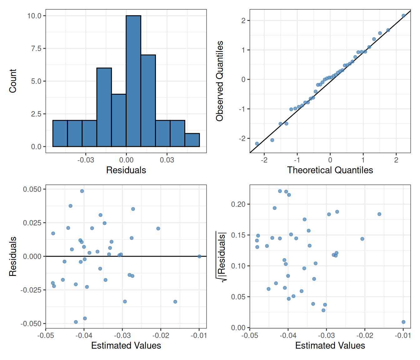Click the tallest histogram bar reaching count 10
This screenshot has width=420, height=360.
[x=133, y=81]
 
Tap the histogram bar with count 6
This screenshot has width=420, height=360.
[x=104, y=107]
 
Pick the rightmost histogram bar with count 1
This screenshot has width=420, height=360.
[x=192, y=140]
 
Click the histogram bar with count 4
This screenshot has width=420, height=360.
[x=119, y=120]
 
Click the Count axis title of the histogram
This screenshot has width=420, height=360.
[x=13, y=81]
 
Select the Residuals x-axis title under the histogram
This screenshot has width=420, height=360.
[x=126, y=170]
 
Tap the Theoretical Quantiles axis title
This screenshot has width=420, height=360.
[x=330, y=170]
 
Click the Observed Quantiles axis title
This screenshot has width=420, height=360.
[x=220, y=81]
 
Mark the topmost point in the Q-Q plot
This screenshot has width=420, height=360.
[x=403, y=16]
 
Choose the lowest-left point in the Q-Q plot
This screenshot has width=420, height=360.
[x=257, y=144]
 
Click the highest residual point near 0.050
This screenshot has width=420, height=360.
[x=82, y=191]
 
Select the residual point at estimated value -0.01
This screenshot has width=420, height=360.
[x=199, y=256]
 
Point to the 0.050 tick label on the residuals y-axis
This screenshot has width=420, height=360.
[x=32, y=189]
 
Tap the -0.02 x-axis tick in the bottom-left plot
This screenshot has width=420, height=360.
[x=161, y=336]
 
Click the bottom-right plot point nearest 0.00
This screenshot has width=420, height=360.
[x=403, y=322]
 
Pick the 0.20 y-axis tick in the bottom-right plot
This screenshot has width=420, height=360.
[x=238, y=204]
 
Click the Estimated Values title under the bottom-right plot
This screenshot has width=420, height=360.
[x=330, y=345]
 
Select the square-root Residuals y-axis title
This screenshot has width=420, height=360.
[x=221, y=256]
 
